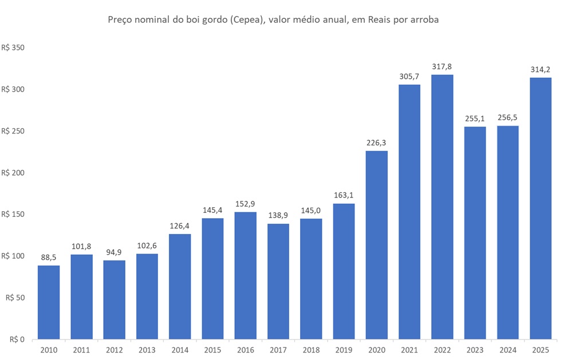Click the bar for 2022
[x=442, y=207]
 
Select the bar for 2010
[x=49, y=302]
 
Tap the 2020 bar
[x=376, y=245]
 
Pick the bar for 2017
[x=278, y=281]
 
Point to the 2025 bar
[x=541, y=208]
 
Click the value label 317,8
[x=442, y=66]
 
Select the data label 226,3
[x=376, y=143]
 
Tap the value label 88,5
[x=49, y=257]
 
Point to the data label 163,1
[x=344, y=195]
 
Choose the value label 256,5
[x=508, y=117]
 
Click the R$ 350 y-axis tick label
[x=13, y=48]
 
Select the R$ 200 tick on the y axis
[x=13, y=173]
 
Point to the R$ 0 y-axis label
[x=17, y=339]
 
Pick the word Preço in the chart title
[x=121, y=20]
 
